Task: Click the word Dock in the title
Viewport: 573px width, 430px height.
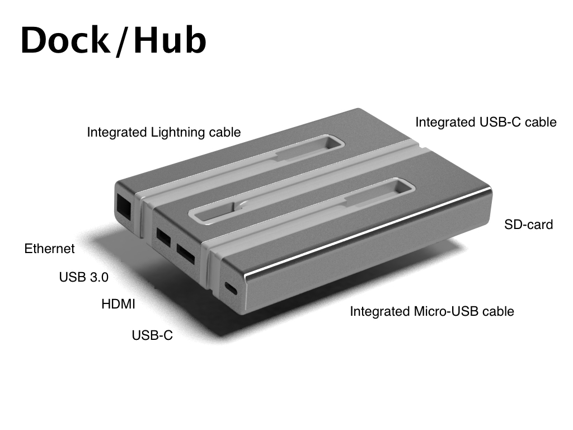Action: click(x=64, y=40)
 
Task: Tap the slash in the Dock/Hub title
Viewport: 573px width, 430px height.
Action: click(x=121, y=41)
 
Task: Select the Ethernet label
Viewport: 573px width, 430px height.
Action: click(x=49, y=249)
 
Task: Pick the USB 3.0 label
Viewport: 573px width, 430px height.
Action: click(x=84, y=277)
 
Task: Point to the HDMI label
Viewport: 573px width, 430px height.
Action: click(x=118, y=305)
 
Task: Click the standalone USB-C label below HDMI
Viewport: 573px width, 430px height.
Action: click(x=152, y=335)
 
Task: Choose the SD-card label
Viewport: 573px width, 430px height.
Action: click(x=528, y=225)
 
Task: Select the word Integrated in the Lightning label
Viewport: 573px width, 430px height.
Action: click(x=116, y=133)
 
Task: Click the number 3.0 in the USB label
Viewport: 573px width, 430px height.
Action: click(x=98, y=277)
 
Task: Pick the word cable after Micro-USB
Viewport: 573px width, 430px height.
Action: click(x=498, y=311)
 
